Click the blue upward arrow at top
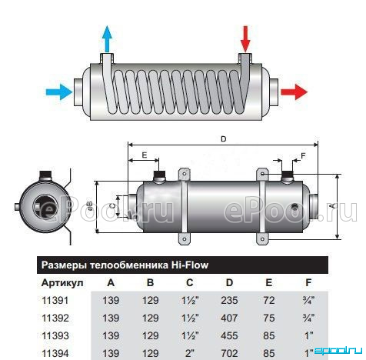click(107, 38)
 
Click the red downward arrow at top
click(245, 38)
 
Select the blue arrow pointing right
click(59, 92)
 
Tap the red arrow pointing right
click(294, 92)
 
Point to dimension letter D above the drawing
click(224, 139)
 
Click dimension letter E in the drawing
click(145, 155)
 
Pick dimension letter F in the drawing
click(304, 155)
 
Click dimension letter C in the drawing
click(112, 205)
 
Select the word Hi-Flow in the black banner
click(190, 265)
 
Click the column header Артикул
click(62, 283)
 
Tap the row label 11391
click(55, 300)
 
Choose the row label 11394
click(55, 353)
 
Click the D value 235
click(229, 300)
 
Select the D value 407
click(229, 318)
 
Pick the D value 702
click(229, 353)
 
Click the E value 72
click(269, 300)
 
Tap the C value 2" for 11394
click(190, 353)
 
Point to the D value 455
click(229, 335)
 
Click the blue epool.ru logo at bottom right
click(338, 351)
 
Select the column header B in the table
click(150, 282)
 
